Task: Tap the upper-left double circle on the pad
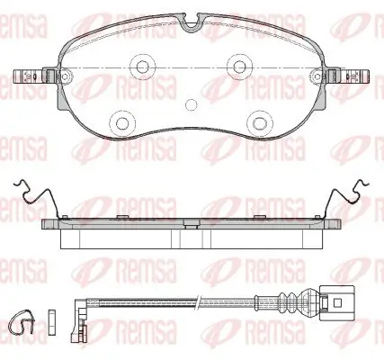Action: coord(143,66)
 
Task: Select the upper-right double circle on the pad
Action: coord(239,66)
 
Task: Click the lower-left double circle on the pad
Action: coord(122,122)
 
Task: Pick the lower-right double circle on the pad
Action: coord(260,122)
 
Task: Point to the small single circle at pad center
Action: coord(191,104)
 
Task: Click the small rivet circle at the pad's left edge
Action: coord(65,76)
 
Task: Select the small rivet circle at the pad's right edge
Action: coord(317,76)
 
